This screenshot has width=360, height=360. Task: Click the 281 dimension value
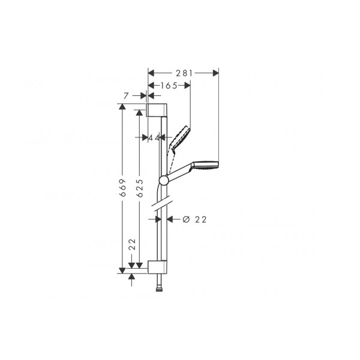coord(184,73)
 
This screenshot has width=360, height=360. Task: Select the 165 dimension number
coord(169,86)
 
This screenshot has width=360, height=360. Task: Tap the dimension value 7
coord(125,96)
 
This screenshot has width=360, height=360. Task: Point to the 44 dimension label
coord(154,138)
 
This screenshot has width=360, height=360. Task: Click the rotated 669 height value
coord(123,187)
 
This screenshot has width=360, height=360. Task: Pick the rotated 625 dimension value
coord(139,188)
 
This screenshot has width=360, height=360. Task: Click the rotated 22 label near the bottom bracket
coord(132,244)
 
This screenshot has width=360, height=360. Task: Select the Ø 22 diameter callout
coord(194,220)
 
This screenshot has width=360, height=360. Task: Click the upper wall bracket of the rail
coord(157,110)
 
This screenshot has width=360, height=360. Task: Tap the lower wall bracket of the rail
coord(157,267)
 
